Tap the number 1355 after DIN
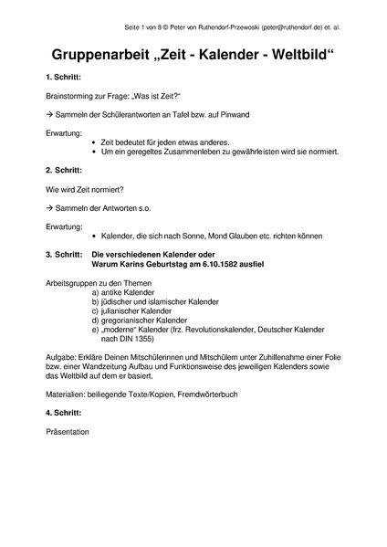tap(146, 340)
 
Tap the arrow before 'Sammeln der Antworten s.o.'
tap(48, 209)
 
